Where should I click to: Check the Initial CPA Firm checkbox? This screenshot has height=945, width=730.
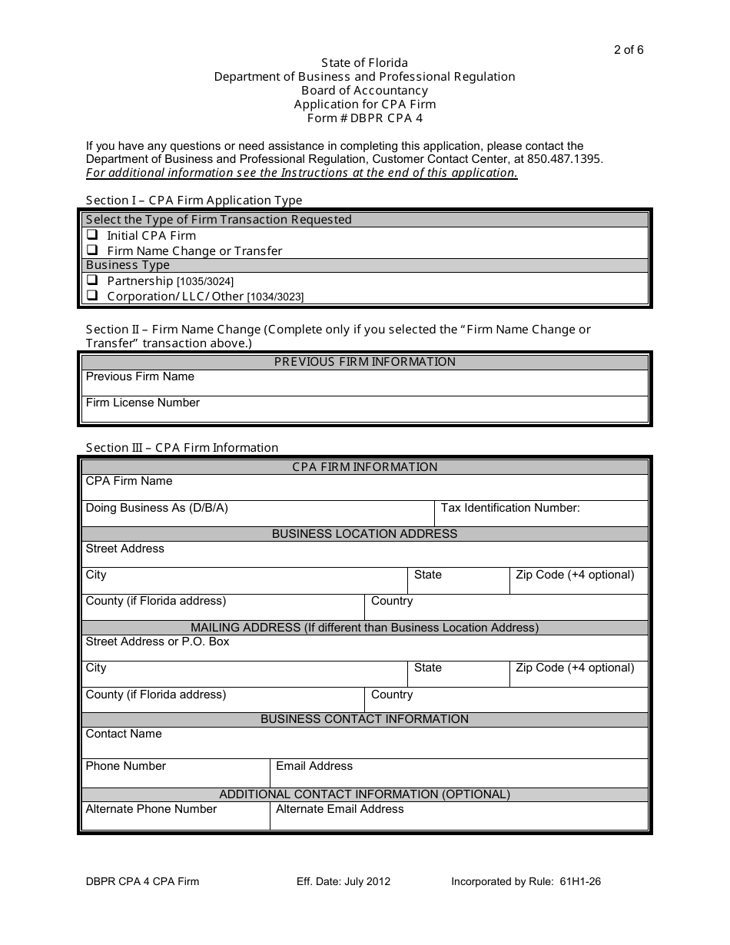[92, 235]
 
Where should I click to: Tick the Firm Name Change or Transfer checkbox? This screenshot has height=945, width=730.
[92, 250]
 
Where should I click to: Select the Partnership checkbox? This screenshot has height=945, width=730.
[92, 280]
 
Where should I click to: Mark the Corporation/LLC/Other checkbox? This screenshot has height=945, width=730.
[92, 295]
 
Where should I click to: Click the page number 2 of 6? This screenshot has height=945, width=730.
[629, 50]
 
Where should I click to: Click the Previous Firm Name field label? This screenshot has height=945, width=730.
[140, 376]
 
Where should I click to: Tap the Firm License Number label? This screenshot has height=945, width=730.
[142, 403]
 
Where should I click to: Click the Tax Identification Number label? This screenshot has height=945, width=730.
[510, 508]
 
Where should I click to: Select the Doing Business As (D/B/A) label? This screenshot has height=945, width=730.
[157, 508]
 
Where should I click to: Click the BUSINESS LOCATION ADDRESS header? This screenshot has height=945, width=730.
[364, 534]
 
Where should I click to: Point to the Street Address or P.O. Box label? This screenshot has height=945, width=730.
[158, 642]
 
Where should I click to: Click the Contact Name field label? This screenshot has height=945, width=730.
[124, 734]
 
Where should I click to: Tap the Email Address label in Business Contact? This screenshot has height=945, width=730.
[314, 766]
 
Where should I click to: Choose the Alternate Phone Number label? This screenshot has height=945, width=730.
[151, 809]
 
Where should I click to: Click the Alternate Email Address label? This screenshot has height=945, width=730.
[340, 809]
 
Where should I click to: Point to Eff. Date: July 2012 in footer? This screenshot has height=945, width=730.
[343, 881]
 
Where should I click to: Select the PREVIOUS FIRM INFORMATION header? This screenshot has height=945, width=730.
[364, 362]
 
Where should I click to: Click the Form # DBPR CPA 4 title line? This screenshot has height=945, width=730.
[364, 118]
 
